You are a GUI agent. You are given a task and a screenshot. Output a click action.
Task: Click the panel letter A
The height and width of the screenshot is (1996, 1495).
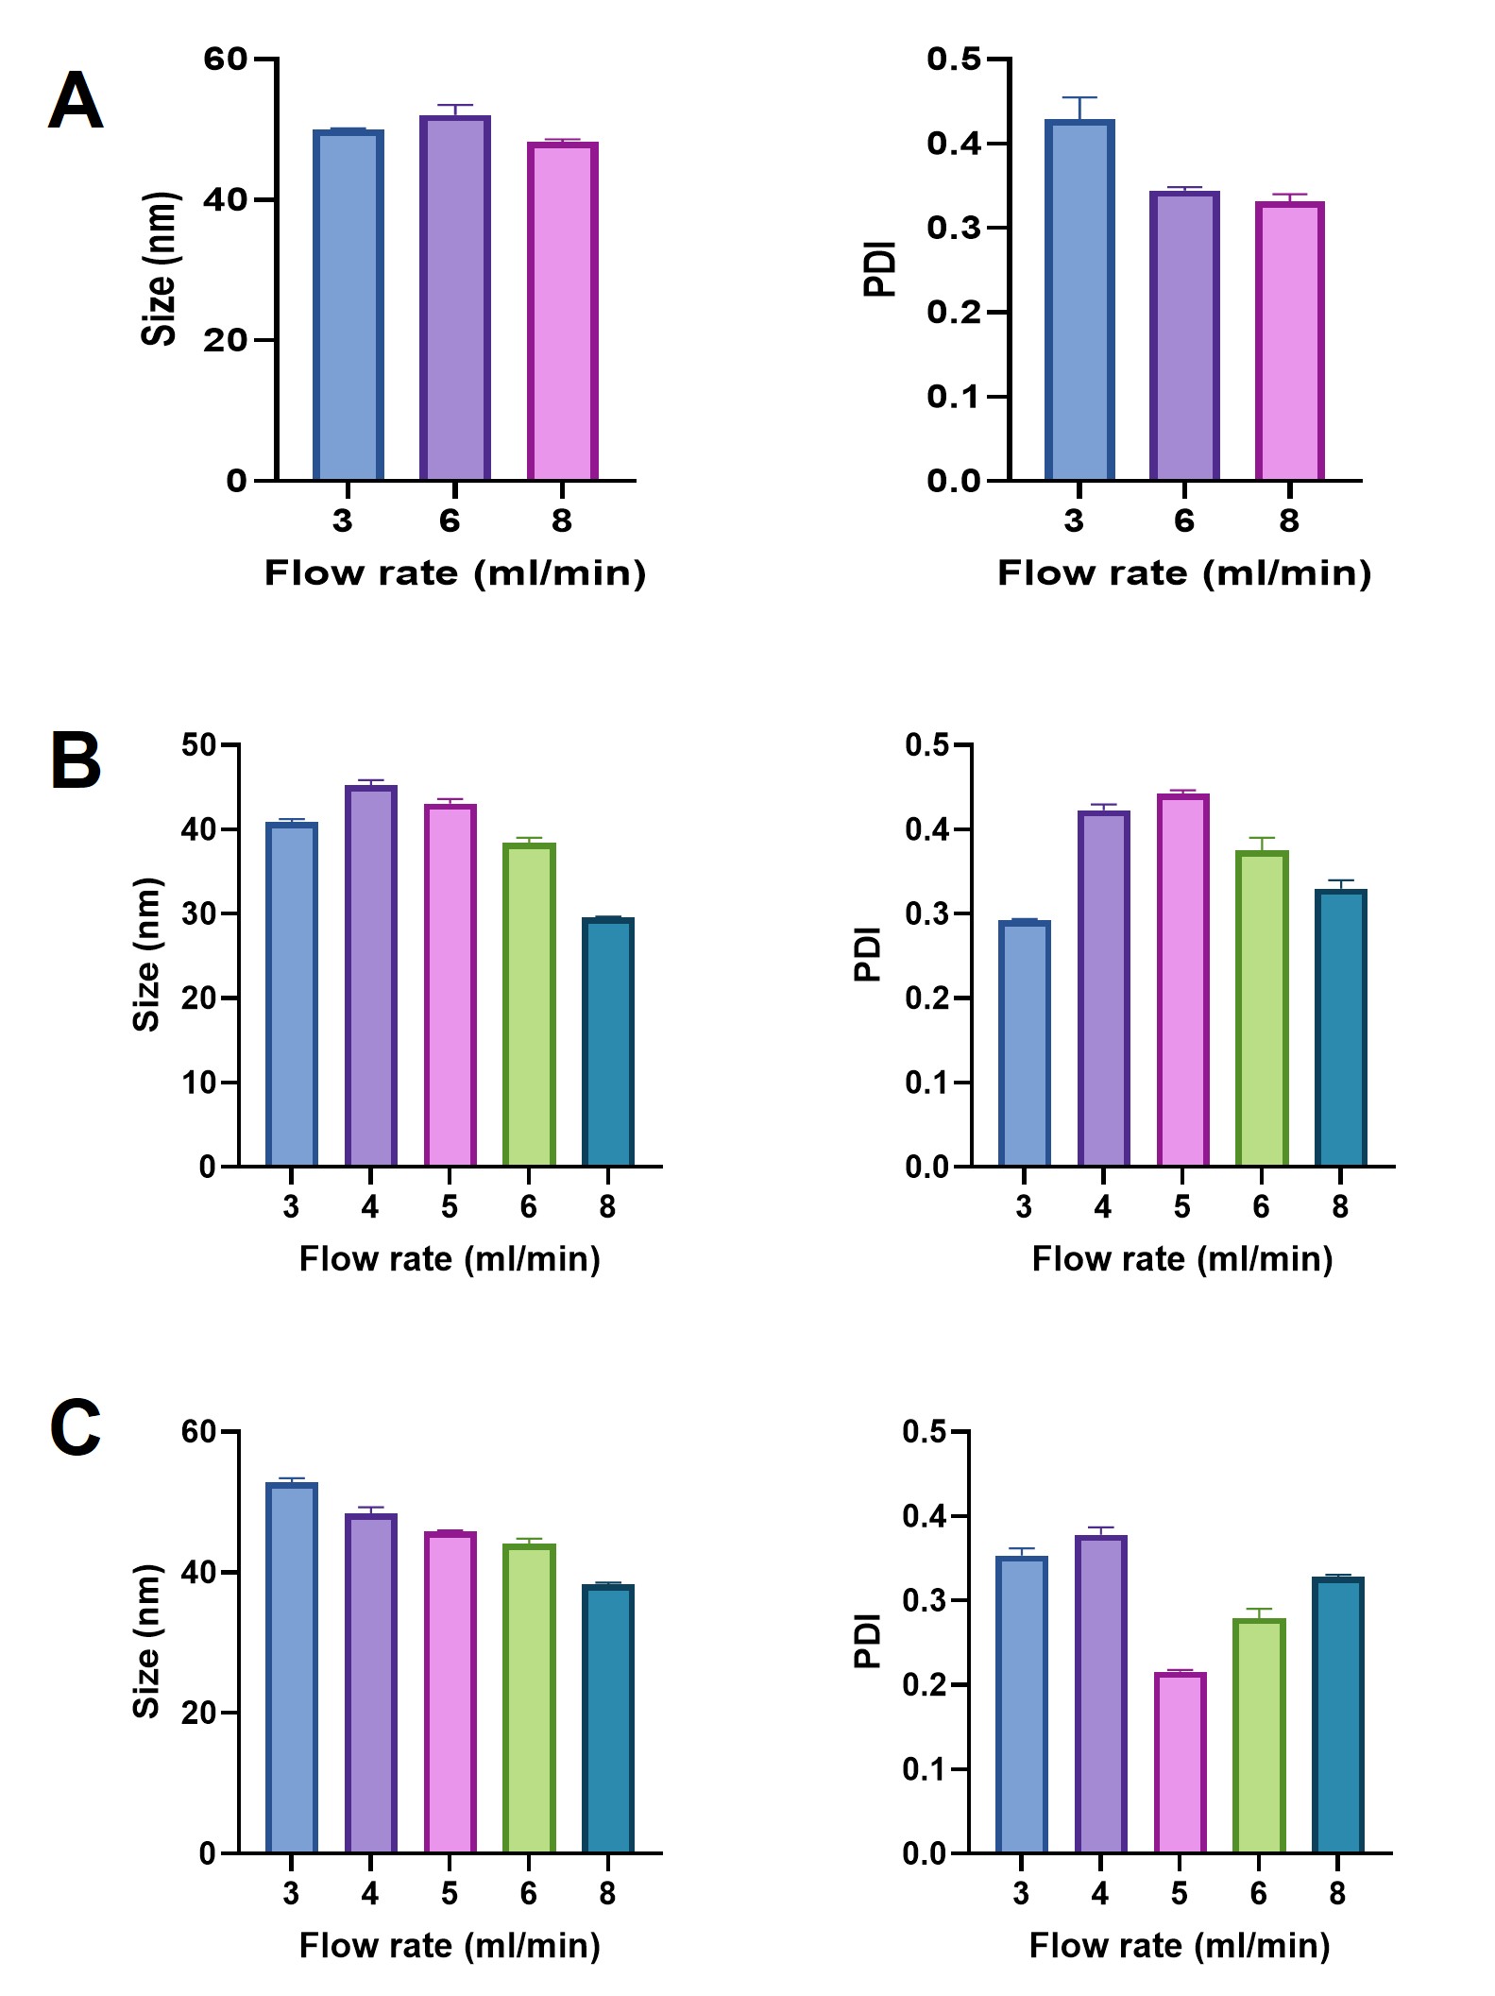coord(75,102)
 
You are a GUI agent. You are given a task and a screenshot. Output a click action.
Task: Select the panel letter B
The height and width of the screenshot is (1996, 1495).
coord(75,762)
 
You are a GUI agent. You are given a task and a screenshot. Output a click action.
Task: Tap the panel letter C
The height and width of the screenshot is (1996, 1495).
coord(75,1429)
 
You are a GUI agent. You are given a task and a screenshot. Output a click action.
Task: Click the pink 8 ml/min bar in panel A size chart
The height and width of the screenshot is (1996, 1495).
coord(562,312)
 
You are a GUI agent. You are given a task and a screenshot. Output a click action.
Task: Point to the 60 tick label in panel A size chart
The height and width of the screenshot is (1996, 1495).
coord(225,60)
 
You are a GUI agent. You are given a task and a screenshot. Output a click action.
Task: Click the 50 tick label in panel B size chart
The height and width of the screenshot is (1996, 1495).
coord(198,745)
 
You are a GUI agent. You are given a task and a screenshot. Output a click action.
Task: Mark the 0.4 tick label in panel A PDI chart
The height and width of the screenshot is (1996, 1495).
coord(954,145)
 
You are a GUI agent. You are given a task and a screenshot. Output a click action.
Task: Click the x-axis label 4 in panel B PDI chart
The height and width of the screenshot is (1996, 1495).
coord(1103,1206)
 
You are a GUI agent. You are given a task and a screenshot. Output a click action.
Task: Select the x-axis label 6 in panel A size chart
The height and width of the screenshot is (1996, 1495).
coord(450,520)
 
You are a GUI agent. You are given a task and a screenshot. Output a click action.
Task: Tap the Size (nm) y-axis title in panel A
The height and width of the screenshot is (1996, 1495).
coord(159,269)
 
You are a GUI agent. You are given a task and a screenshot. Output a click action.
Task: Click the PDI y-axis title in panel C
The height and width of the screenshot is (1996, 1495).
coord(867,1642)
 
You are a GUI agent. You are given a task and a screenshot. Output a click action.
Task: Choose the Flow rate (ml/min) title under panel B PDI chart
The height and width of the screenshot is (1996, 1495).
coord(1182,1259)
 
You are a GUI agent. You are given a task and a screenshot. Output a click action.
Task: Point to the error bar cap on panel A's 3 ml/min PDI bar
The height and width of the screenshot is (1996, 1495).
coord(1079,97)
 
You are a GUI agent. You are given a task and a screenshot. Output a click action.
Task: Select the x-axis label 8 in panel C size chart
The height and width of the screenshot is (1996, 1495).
coord(607,1893)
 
